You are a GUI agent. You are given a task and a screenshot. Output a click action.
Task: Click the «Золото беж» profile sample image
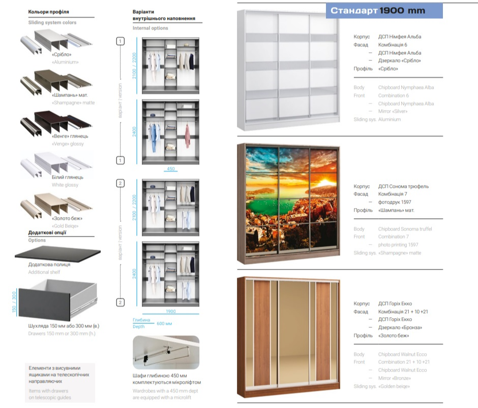[56, 206]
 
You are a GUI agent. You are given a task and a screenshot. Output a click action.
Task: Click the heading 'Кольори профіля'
[48, 11]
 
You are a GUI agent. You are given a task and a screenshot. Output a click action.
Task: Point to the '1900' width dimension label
[170, 311]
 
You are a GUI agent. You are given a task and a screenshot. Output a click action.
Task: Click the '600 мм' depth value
[164, 323]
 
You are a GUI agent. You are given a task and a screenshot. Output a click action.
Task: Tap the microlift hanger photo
[166, 352]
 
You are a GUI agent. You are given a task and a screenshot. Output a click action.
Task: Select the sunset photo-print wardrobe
[288, 203]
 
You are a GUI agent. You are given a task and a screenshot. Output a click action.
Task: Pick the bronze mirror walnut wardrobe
[288, 336]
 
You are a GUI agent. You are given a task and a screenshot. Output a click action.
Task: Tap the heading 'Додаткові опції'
[47, 232]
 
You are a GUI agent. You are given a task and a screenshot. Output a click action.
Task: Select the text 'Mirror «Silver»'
[395, 112]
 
